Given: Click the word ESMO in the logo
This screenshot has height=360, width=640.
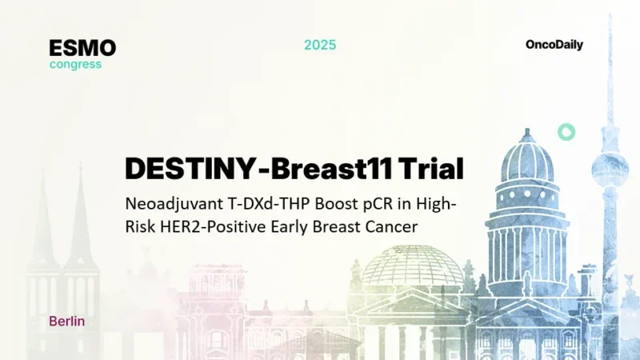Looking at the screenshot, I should pyautogui.click(x=82, y=48).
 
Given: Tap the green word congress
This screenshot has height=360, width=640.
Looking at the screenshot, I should pyautogui.click(x=75, y=64).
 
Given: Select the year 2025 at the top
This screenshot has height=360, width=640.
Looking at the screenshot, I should pyautogui.click(x=320, y=45).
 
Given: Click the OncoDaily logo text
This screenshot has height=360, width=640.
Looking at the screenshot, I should pyautogui.click(x=554, y=45).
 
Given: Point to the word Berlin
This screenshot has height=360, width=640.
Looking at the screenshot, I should pyautogui.click(x=67, y=321).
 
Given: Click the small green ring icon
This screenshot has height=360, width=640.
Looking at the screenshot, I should pyautogui.click(x=566, y=132).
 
